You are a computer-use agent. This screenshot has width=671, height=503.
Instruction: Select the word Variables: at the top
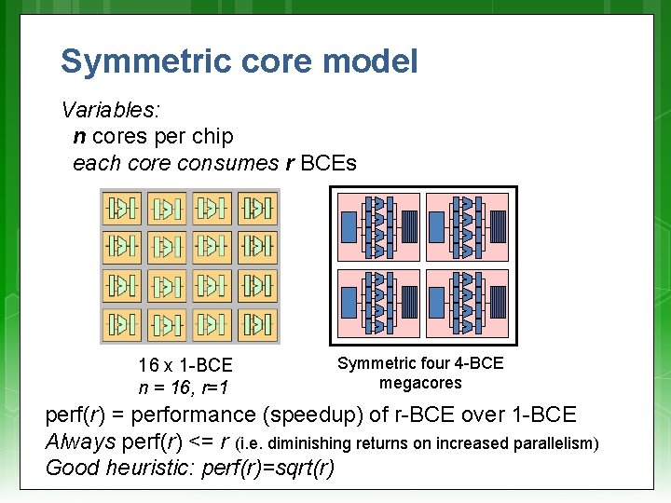coord(111,110)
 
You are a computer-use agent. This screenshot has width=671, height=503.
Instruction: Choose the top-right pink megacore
coord(467,226)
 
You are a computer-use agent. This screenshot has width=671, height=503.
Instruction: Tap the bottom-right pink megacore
coord(467,304)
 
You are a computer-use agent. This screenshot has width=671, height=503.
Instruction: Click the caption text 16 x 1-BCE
coord(185,365)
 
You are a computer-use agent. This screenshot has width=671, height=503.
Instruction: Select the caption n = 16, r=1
coord(185,387)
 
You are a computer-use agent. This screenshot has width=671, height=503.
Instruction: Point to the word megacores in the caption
coord(420,383)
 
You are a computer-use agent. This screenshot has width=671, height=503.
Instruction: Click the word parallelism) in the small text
coord(554,443)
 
